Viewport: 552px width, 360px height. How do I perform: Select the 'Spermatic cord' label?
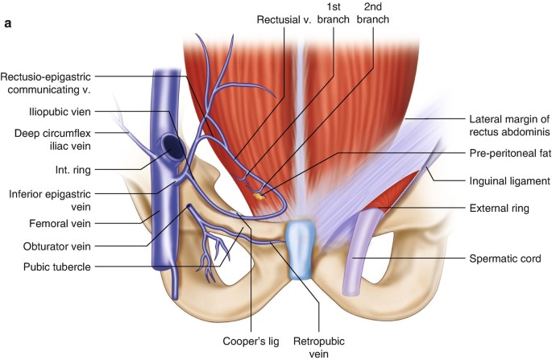click(504, 259)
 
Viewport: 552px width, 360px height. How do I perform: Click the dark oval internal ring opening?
click(173, 146)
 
